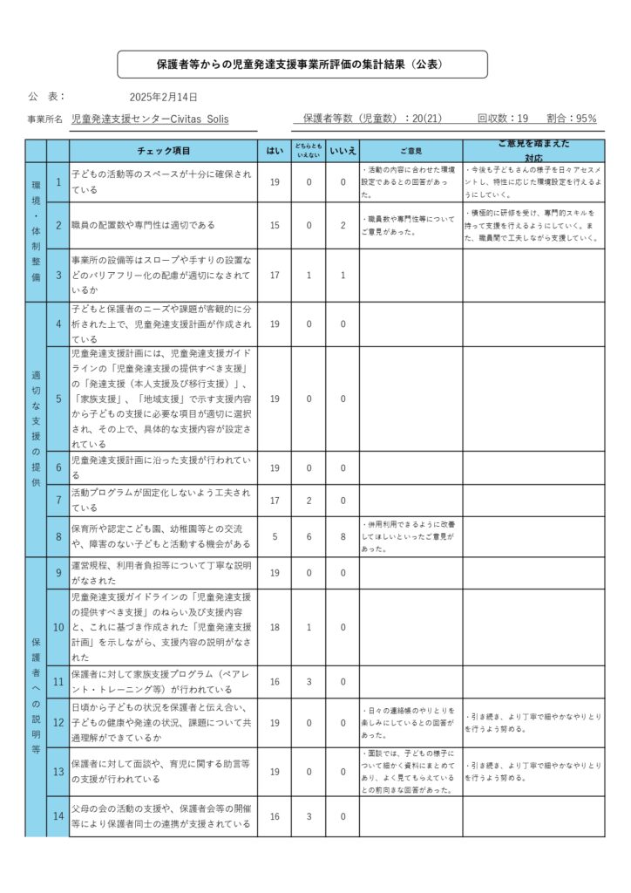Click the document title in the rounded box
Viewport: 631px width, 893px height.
coord(302,65)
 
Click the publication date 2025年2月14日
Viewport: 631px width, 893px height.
coord(163,97)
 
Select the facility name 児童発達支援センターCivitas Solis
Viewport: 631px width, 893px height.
coord(150,119)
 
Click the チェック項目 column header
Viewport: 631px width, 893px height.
coord(164,150)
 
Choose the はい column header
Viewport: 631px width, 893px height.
coord(275,150)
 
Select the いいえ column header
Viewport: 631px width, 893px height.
coord(343,150)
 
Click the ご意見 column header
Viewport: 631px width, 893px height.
coord(410,150)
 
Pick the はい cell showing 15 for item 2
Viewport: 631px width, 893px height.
coord(275,225)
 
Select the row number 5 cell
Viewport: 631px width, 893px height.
coord(58,399)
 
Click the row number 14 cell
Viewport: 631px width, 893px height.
coord(58,816)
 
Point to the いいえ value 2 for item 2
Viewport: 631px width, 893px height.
coord(343,225)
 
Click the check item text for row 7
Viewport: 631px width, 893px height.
coord(161,500)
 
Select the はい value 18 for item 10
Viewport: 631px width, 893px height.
coord(275,627)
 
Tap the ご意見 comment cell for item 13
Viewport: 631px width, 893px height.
coord(410,771)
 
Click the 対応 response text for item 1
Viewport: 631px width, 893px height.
coord(533,181)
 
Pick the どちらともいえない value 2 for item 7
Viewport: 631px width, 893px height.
coord(309,501)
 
